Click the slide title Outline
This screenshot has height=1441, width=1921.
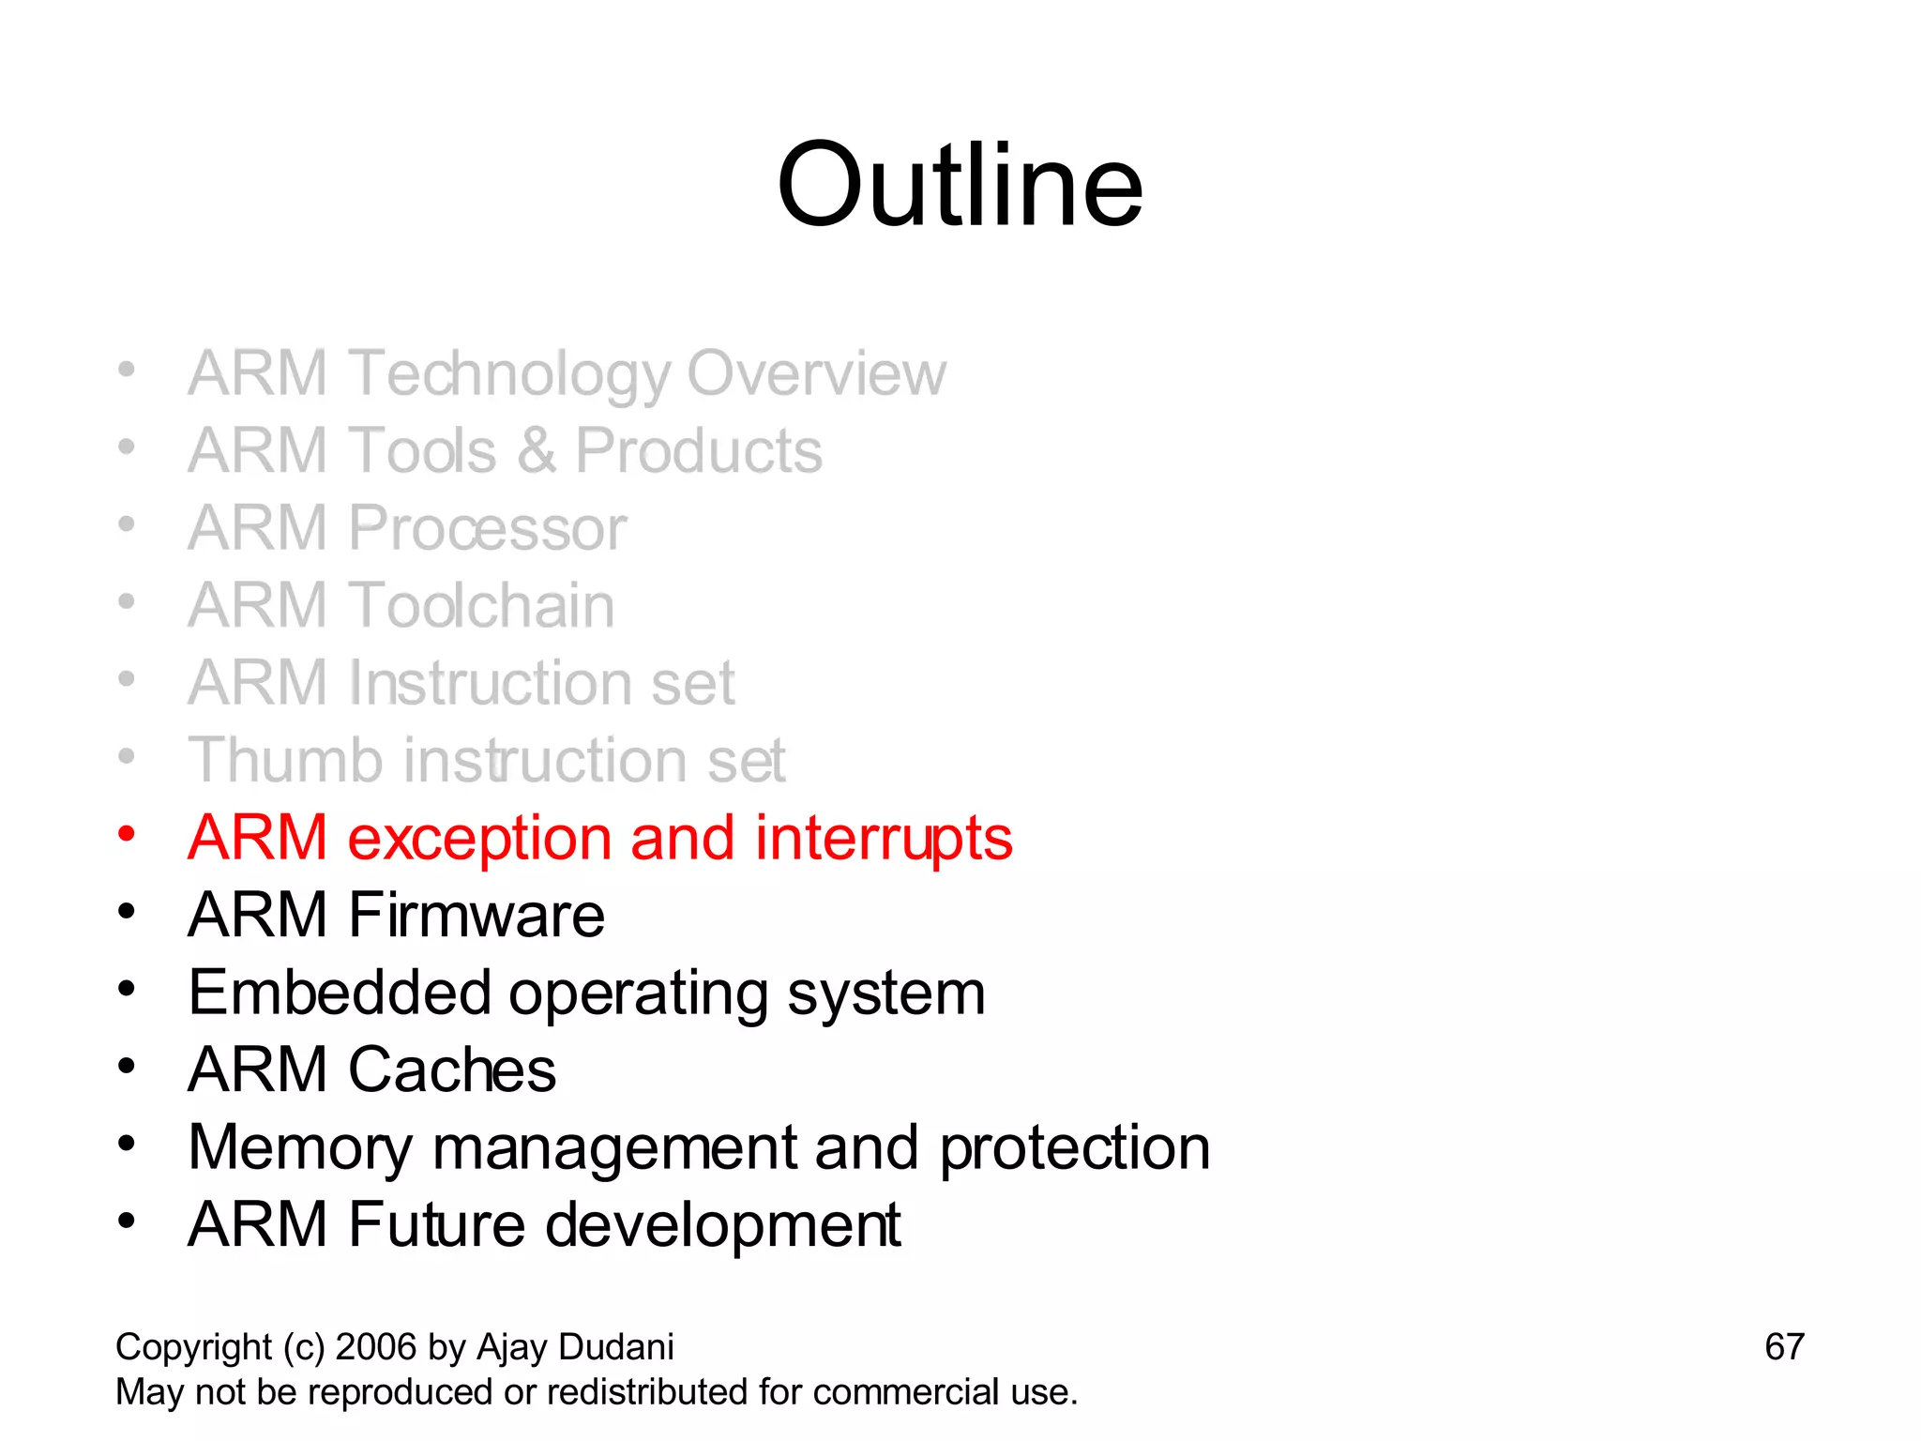[960, 185]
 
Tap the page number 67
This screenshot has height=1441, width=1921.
[1784, 1347]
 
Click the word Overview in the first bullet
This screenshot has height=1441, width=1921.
[816, 373]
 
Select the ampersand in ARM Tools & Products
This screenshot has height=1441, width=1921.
[536, 451]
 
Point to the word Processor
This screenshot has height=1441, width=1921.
[487, 528]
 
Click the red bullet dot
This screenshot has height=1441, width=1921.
[127, 833]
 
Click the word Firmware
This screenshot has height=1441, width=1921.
[476, 915]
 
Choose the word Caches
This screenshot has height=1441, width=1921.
[452, 1069]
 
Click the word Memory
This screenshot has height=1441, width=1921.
[299, 1148]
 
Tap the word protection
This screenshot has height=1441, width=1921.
[1075, 1148]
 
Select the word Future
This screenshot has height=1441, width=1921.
[436, 1224]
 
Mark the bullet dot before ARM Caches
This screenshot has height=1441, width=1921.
[127, 1066]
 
